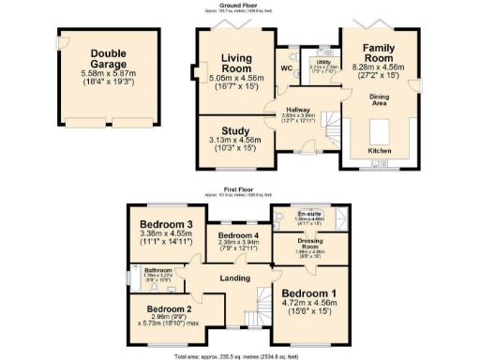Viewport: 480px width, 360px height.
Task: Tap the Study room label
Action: tap(229, 131)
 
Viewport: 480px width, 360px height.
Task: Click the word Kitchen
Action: tap(380, 150)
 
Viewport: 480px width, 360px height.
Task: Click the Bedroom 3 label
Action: tap(167, 225)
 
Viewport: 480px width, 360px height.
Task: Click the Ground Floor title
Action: tap(240, 5)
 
